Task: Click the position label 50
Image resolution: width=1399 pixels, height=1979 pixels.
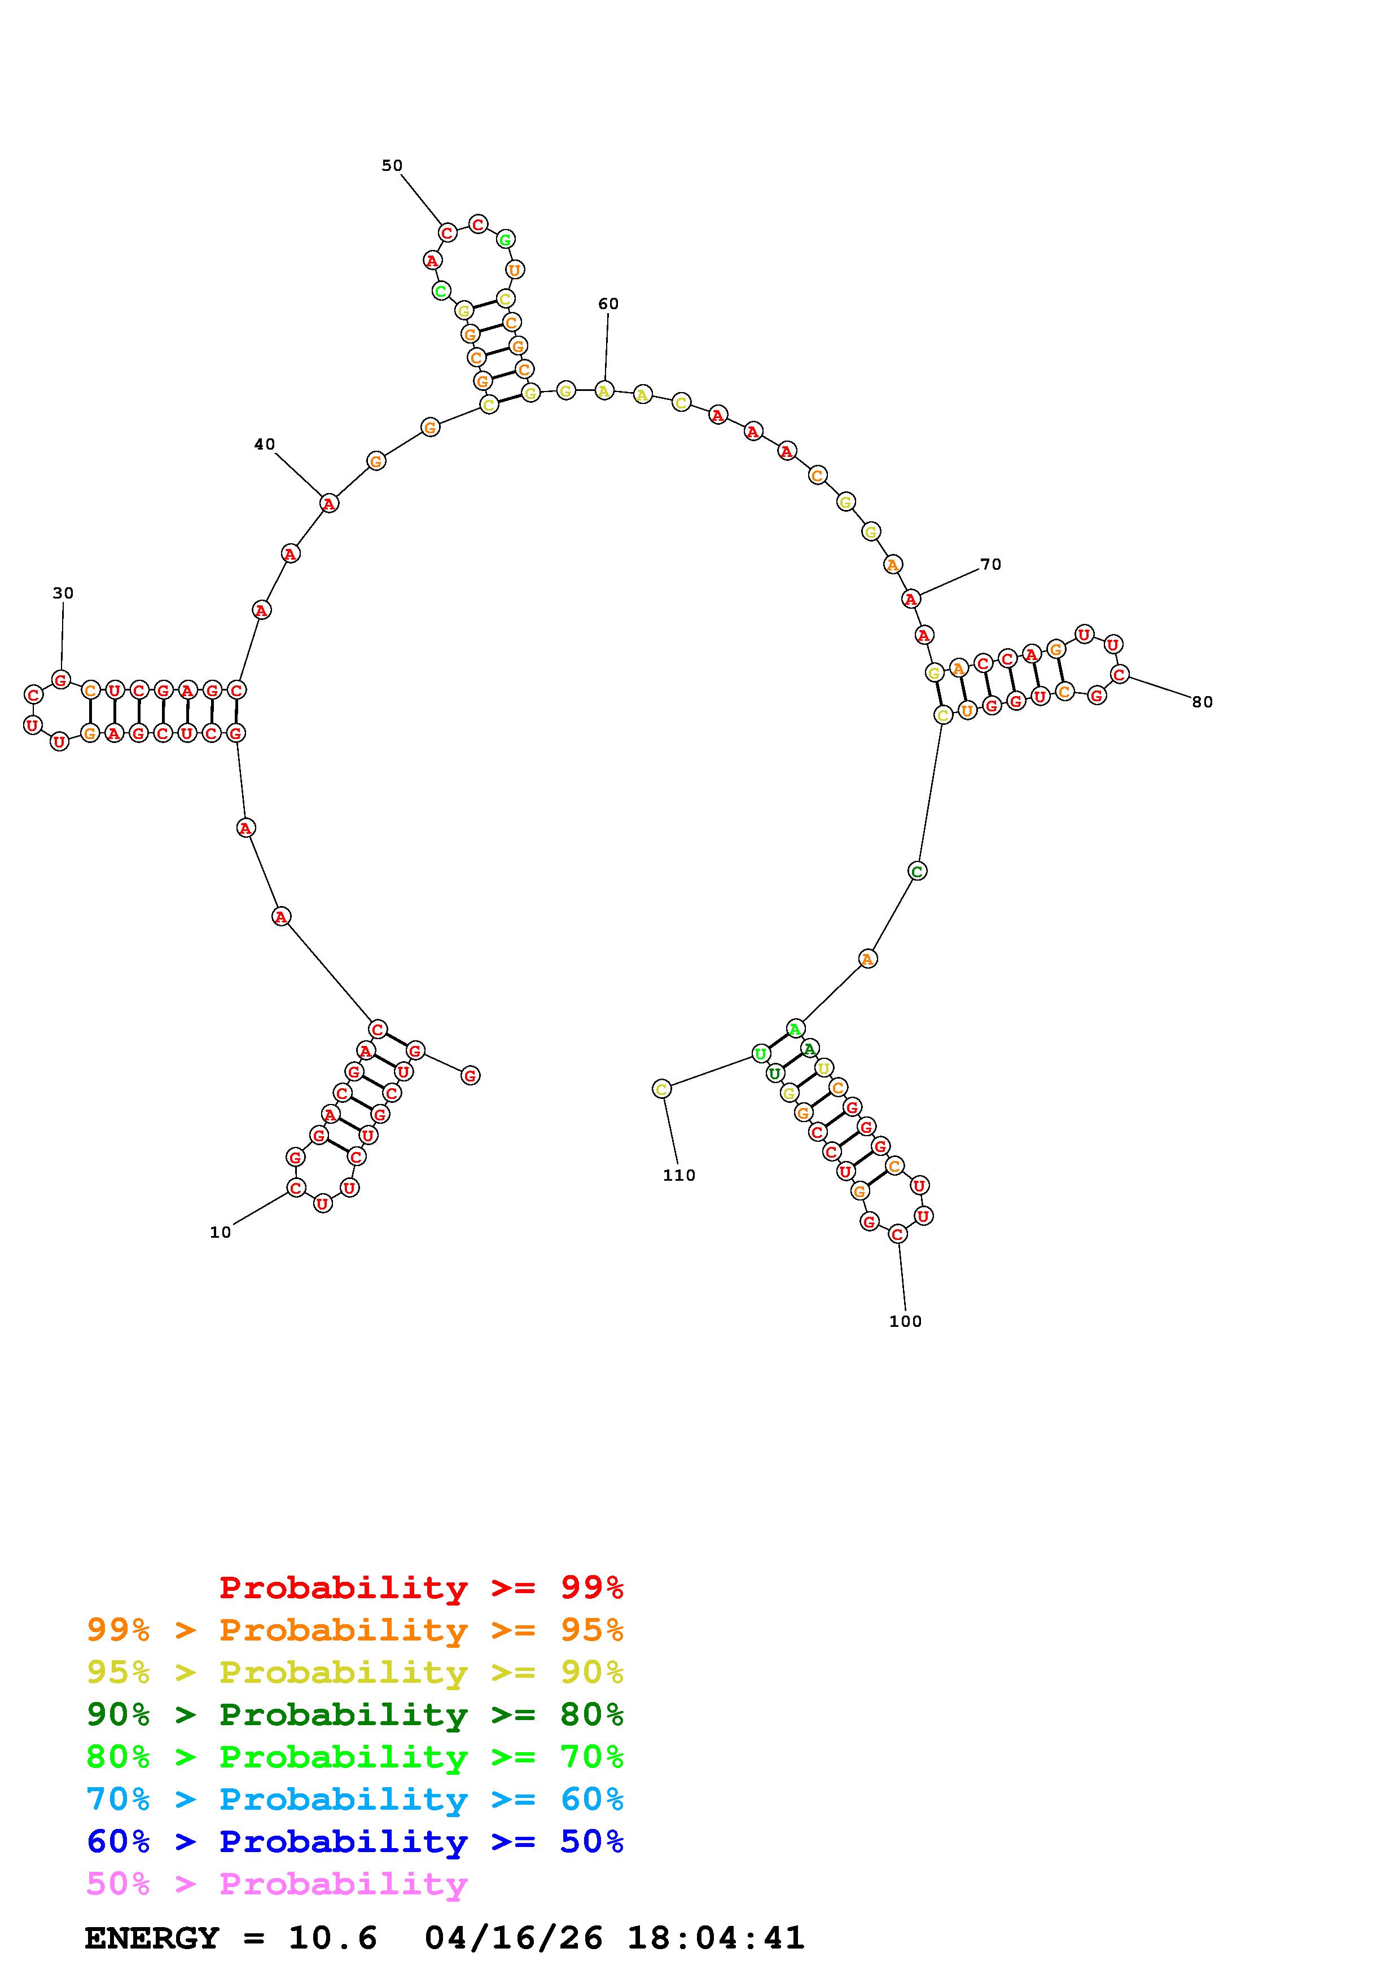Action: [x=392, y=165]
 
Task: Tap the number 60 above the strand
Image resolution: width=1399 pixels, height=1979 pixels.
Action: [x=608, y=304]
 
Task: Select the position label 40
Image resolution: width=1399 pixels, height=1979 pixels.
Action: [x=265, y=444]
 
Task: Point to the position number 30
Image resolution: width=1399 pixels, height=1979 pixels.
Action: [x=63, y=593]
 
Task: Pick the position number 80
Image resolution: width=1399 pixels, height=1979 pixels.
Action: [x=1203, y=702]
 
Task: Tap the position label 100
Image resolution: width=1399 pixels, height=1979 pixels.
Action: [x=905, y=1321]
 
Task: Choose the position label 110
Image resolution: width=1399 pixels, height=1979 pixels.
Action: [x=679, y=1175]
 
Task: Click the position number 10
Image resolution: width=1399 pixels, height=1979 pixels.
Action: [x=221, y=1233]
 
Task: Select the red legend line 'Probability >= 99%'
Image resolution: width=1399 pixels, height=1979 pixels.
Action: [x=422, y=1587]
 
